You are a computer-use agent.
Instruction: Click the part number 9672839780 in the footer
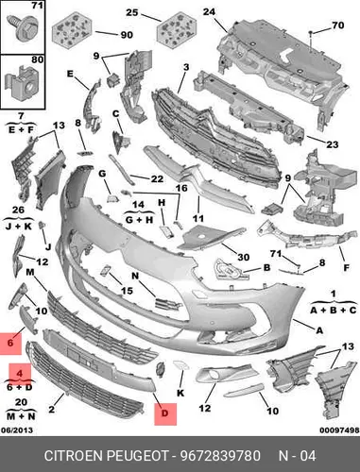coord(220,456)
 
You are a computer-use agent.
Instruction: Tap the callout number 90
coord(127,35)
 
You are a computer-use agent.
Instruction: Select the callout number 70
coord(337,25)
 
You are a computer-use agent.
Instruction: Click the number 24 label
coord(209,12)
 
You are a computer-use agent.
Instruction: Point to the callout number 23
coord(332,144)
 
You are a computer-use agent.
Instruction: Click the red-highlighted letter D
coord(165,413)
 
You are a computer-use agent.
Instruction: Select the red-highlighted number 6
coord(10,343)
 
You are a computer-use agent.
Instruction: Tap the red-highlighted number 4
coord(20,374)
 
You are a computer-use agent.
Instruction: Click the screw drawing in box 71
coord(26,27)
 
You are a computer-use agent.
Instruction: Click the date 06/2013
coord(17,430)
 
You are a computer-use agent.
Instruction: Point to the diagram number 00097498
coord(339,430)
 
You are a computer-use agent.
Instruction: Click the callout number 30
coord(243,257)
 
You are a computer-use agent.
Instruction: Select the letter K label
coord(180,393)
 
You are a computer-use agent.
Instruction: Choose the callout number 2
coord(51,409)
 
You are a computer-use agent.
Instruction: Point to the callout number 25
coord(132,12)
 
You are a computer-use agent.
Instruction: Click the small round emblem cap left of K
coord(161,369)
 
